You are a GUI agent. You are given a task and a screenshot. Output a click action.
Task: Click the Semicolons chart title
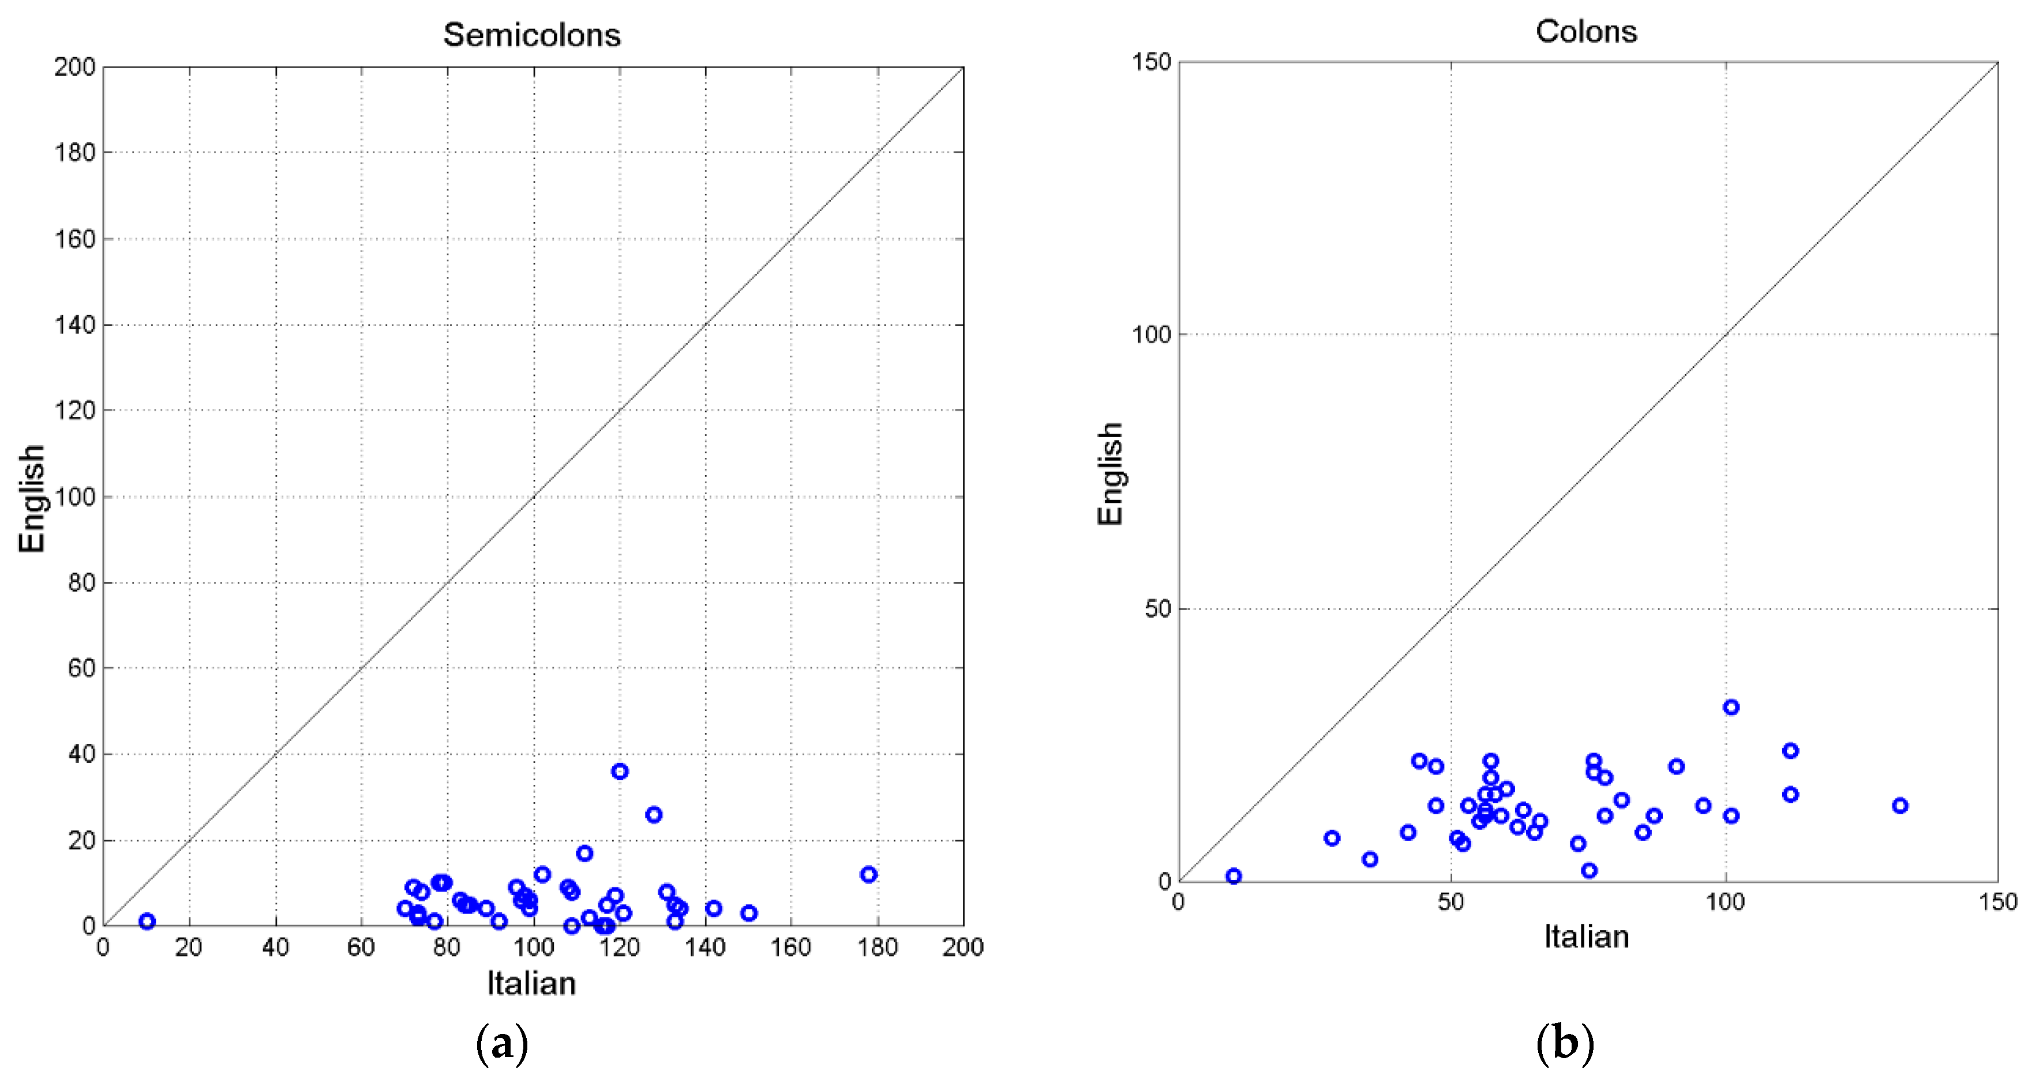531,35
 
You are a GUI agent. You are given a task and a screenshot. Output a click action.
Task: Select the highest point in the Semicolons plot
620,772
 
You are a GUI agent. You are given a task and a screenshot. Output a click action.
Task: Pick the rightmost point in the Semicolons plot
868,874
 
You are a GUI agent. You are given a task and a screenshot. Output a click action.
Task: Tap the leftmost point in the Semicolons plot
147,921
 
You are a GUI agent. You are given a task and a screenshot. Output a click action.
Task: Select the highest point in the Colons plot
1730,708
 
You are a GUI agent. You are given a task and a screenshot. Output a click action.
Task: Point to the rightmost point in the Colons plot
1900,805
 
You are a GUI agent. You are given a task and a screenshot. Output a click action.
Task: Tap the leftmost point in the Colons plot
1234,876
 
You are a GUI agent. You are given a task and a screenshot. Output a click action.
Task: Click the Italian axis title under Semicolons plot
531,984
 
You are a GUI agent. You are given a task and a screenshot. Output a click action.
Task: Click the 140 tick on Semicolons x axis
706,947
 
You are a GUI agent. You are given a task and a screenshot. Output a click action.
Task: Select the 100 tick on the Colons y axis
1151,334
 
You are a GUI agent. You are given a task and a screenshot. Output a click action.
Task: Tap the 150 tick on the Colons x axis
1998,902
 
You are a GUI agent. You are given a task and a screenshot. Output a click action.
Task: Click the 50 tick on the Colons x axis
1451,902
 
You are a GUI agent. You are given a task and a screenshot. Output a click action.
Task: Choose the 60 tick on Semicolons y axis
81,668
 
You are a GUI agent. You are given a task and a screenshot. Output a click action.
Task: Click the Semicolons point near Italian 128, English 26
654,815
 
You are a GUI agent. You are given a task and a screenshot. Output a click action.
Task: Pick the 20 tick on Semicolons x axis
189,947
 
